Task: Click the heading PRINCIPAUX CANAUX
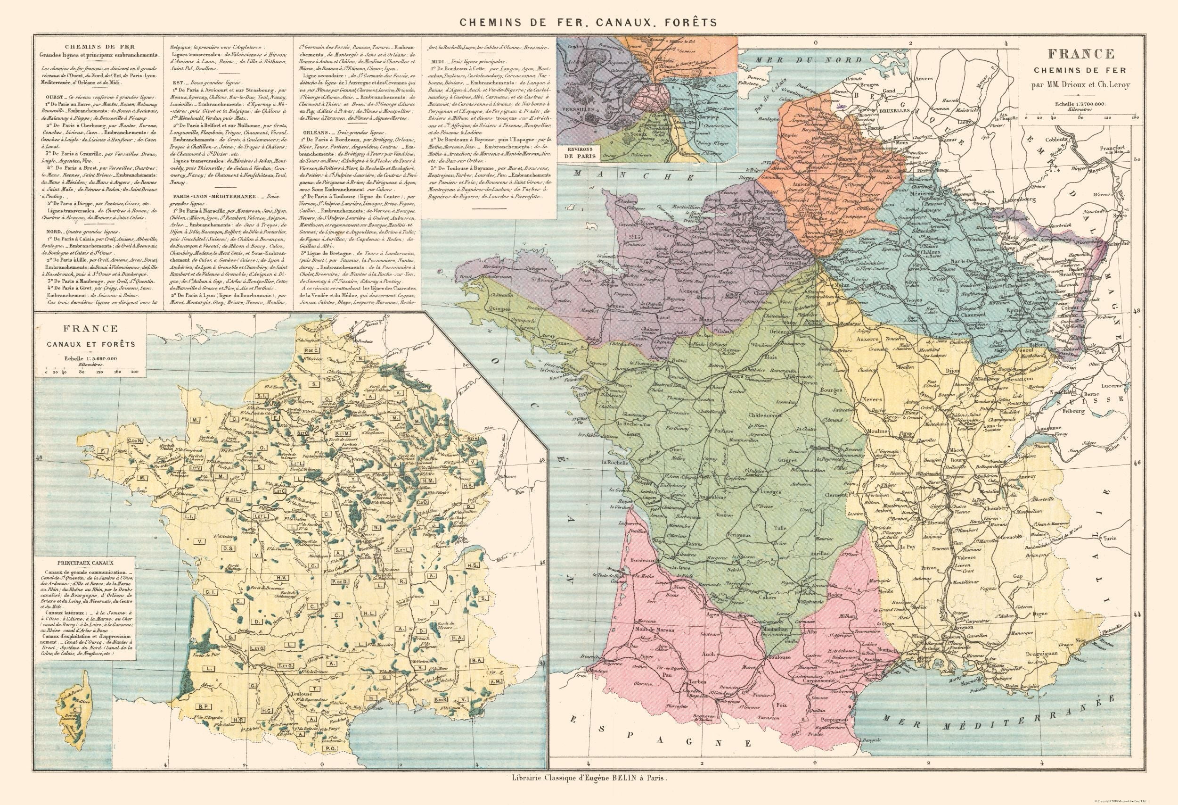click(x=85, y=563)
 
